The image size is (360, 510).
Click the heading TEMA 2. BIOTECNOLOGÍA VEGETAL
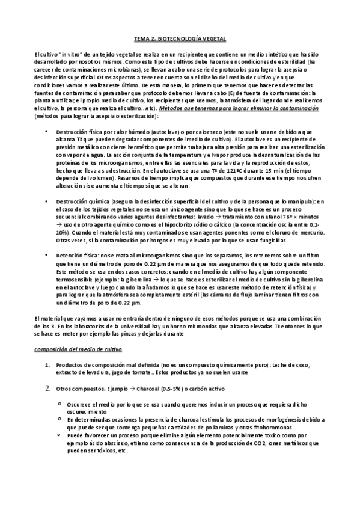pyautogui.click(x=179, y=37)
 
